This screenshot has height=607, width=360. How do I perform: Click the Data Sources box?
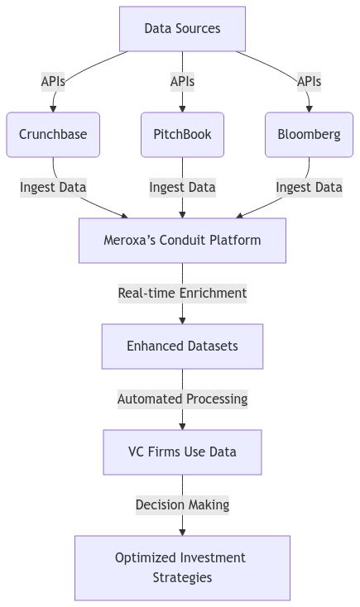[182, 29]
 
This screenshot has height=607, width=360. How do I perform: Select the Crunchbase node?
[53, 135]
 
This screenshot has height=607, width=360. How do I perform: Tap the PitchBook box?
[182, 135]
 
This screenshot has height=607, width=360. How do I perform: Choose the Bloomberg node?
[309, 135]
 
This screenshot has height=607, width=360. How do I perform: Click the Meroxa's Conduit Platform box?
[182, 241]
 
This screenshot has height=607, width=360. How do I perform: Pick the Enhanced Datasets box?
[182, 346]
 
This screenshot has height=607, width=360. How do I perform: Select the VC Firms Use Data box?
[182, 452]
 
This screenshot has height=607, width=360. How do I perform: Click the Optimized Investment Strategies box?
[182, 567]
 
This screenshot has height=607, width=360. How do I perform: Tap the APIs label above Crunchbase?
[53, 81]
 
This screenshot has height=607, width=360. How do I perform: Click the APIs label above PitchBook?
[182, 81]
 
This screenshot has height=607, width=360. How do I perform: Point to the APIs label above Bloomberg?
[309, 81]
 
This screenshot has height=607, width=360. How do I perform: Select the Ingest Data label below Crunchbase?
[53, 187]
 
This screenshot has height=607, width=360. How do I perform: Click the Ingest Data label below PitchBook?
[182, 187]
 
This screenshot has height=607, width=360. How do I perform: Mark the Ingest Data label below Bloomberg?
[309, 187]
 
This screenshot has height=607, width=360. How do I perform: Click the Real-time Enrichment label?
[182, 293]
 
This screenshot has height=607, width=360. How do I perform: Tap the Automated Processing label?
[182, 399]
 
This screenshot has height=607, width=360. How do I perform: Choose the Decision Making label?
[182, 504]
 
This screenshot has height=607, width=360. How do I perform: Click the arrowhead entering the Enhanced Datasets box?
[182, 319]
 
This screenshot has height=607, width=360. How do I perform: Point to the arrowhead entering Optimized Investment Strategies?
[182, 531]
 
